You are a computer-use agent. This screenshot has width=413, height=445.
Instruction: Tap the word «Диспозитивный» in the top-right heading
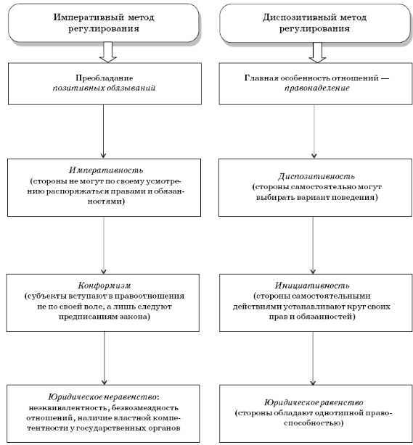point(297,17)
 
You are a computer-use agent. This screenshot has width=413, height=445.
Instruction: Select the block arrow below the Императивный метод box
point(107,52)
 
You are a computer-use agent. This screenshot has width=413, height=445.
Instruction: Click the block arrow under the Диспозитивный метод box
point(317,52)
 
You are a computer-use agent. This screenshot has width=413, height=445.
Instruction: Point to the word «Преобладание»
point(104,78)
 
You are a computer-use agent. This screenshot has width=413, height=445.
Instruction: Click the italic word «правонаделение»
point(316,88)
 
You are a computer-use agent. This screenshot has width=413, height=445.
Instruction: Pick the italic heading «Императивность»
point(106,170)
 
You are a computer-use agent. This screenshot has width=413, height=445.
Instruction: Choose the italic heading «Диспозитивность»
point(316,176)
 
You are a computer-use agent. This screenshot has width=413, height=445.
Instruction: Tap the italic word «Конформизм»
point(105,286)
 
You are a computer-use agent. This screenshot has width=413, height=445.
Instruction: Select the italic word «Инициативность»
point(312,286)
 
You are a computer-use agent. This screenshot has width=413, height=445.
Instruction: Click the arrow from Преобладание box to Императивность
point(103,131)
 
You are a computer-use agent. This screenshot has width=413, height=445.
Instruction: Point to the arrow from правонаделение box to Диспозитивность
point(314,131)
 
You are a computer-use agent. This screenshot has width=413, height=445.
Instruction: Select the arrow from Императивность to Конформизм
point(104,245)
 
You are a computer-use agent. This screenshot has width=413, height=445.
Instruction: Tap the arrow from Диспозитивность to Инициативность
point(313,245)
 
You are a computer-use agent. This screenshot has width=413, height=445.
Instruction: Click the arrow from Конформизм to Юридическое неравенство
point(105,358)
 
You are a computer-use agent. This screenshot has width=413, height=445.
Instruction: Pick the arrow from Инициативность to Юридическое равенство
point(313,358)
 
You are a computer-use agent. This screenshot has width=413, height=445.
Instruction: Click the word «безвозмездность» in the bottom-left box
point(145,407)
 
